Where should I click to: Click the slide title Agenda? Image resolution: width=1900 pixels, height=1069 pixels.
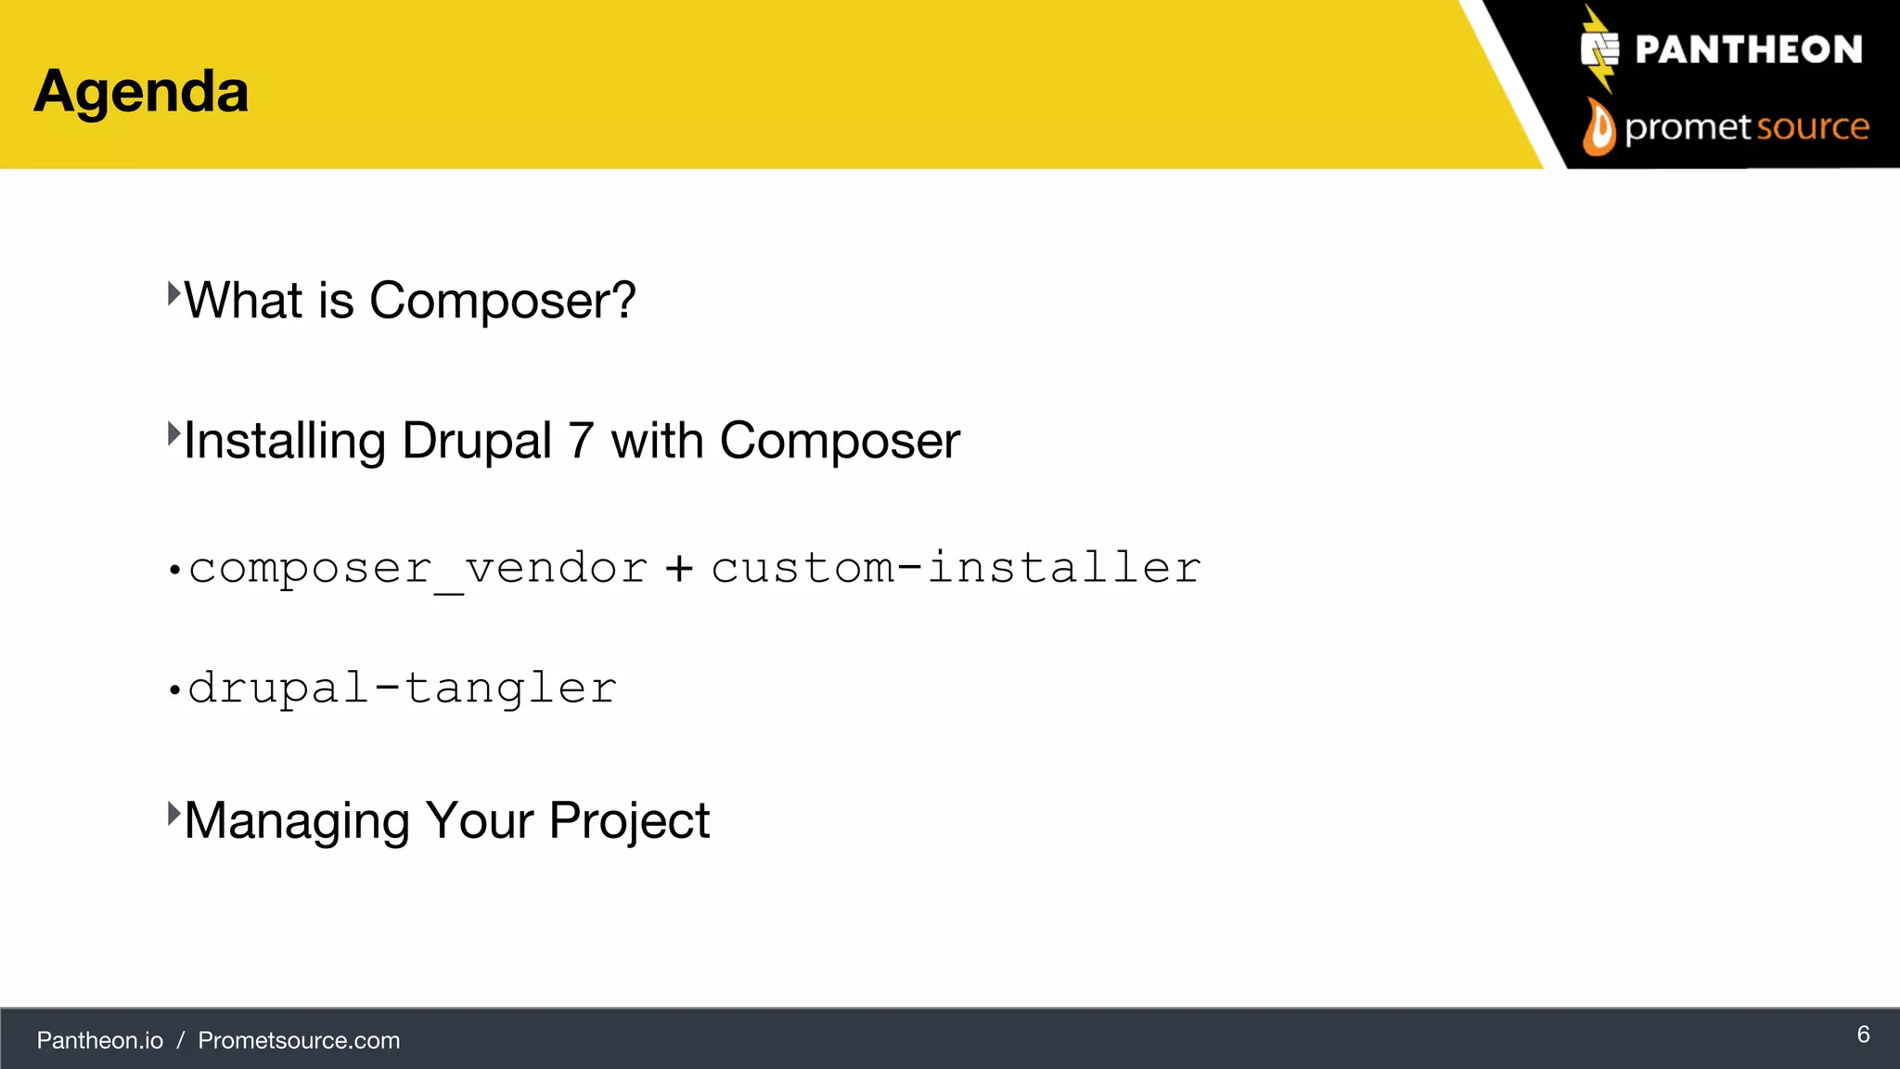(141, 92)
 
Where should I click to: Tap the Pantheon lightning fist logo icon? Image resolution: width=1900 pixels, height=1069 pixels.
(1599, 49)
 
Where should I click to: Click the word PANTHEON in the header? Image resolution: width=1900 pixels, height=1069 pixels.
(1748, 49)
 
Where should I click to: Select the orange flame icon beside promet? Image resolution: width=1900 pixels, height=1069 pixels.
(1598, 127)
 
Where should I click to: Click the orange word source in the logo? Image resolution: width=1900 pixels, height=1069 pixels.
(1813, 126)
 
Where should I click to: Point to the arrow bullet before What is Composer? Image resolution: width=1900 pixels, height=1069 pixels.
(173, 294)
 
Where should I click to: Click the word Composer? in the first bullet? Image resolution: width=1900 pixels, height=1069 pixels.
(502, 301)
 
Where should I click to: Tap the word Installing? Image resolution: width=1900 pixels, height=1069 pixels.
(284, 441)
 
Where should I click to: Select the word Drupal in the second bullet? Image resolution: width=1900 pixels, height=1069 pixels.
(477, 440)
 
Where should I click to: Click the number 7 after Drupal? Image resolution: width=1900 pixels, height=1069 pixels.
(581, 440)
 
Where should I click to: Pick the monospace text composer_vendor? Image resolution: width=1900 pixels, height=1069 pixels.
(417, 568)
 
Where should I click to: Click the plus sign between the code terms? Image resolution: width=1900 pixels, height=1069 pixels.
(679, 568)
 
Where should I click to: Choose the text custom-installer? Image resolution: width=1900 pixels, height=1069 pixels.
(956, 567)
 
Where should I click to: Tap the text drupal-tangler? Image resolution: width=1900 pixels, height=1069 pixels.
(402, 688)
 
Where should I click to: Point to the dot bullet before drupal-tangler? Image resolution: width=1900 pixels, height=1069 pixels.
(173, 690)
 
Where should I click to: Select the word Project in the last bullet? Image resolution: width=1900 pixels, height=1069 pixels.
(629, 820)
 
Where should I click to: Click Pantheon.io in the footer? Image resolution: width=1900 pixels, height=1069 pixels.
(100, 1040)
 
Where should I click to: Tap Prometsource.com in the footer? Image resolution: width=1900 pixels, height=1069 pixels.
(299, 1040)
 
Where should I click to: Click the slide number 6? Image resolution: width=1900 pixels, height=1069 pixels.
(1863, 1035)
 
